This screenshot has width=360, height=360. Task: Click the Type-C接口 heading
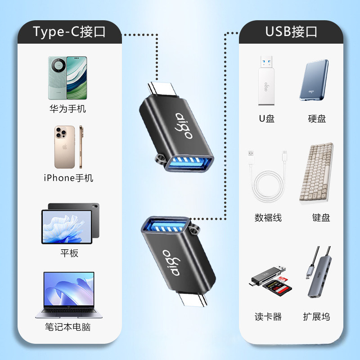coord(69,31)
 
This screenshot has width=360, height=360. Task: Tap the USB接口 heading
coord(291,31)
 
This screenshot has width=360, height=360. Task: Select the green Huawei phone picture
coord(67,77)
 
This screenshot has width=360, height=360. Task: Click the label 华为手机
coord(67,109)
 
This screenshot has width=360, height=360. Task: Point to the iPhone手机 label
coord(68,178)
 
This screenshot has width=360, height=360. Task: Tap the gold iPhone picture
coord(68,147)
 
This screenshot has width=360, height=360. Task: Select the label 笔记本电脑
coord(67,327)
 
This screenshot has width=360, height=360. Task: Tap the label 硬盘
coord(317,119)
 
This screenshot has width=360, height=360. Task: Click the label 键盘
coord(321,218)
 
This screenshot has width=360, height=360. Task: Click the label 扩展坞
coord(316,317)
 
